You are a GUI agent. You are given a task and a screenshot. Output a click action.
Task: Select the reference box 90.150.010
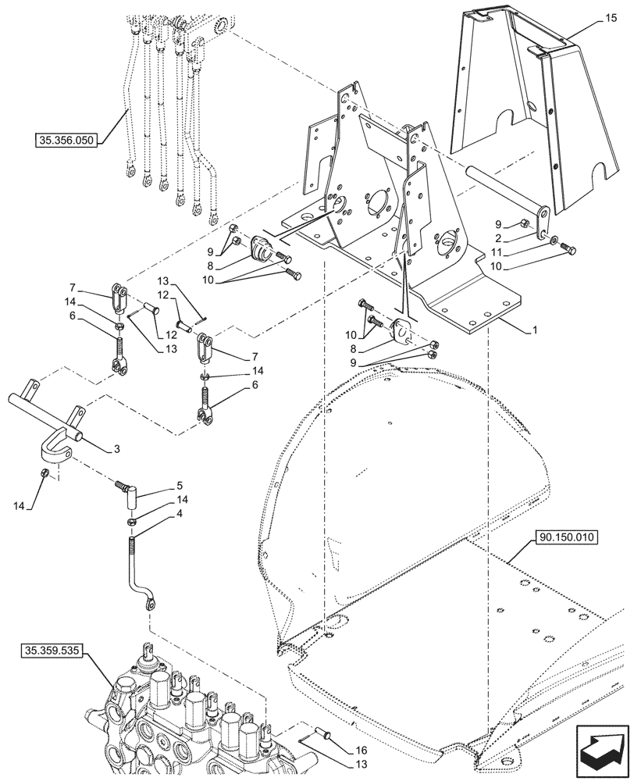tap(566, 537)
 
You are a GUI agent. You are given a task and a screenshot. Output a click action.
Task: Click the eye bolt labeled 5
tap(130, 490)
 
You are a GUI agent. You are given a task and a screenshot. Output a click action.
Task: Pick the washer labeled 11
tap(554, 241)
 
